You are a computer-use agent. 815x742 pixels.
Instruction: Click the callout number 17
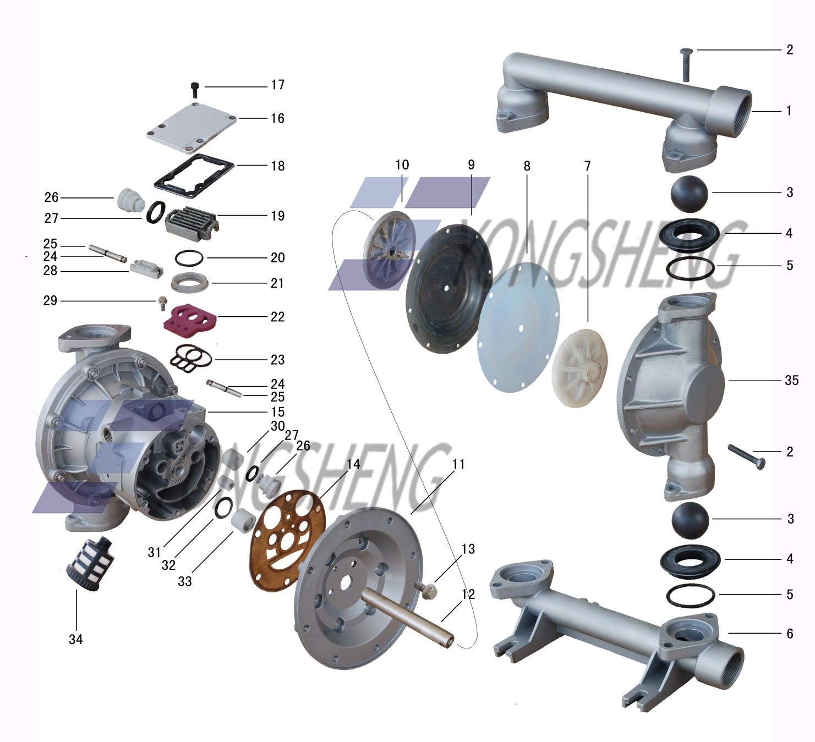point(278,85)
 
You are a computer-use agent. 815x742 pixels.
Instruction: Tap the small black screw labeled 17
point(195,89)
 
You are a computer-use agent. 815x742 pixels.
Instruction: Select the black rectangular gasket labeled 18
point(194,175)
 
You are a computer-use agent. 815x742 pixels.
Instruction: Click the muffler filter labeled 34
point(90,563)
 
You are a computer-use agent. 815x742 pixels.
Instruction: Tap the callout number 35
point(791,381)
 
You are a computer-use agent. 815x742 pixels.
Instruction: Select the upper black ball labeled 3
point(689,194)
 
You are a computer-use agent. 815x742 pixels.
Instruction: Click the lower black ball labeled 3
point(690,521)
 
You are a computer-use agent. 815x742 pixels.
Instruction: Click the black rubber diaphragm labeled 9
point(449,288)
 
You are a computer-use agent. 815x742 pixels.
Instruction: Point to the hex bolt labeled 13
point(426,589)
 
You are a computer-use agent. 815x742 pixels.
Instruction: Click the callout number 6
point(790,634)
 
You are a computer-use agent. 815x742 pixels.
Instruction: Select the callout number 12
point(468,594)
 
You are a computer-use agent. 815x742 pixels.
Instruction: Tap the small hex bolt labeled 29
point(162,302)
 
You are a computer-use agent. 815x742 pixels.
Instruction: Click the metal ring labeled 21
point(190,282)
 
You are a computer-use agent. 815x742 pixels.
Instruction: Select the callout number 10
point(402,165)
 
